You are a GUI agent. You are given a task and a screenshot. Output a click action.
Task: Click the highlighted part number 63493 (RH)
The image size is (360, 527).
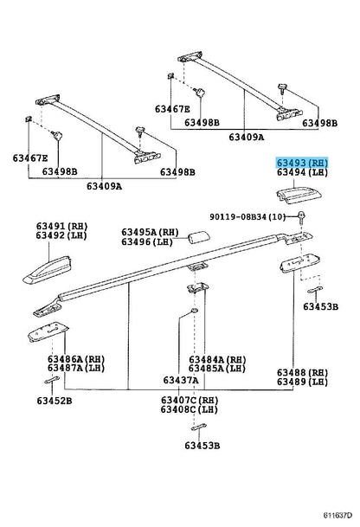pos(302,163)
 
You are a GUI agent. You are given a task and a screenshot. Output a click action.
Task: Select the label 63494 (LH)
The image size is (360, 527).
pos(302,172)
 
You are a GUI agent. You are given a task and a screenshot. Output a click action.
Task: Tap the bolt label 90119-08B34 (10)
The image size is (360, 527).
pos(247,217)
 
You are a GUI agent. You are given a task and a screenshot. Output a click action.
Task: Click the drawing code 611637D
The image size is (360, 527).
pos(337,515)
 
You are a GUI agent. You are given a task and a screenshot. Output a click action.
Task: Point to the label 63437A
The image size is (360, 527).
pos(181,380)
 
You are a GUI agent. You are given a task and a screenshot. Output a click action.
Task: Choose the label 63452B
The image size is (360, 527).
pos(55,401)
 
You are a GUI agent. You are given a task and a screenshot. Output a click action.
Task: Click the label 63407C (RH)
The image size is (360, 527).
pos(190,401)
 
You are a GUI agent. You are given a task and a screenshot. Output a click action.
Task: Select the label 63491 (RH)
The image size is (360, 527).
pos(61,226)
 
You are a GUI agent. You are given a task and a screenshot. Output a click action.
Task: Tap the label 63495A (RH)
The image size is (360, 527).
pos(150,232)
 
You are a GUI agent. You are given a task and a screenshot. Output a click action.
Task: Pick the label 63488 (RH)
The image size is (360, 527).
pos(302,373)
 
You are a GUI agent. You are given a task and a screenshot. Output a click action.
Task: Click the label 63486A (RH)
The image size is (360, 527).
pos(76,359)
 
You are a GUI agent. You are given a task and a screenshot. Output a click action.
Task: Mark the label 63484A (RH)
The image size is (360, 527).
pos(217,360)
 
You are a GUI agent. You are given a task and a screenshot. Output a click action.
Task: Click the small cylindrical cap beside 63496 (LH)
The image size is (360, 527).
pos(199,237)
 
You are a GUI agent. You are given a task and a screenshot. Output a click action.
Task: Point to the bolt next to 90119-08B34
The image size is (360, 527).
pos(301,217)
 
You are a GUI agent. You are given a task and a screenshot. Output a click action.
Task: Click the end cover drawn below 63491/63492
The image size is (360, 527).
pos(48,270)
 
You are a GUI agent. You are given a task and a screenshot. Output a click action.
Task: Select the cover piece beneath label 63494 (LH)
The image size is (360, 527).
pos(299,196)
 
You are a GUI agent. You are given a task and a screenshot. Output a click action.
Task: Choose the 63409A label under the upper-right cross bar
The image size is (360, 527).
pos(247,137)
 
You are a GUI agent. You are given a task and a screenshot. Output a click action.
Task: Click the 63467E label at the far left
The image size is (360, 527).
pos(30,158)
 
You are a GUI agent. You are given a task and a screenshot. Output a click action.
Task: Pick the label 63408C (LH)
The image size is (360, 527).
pos(190,409)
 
